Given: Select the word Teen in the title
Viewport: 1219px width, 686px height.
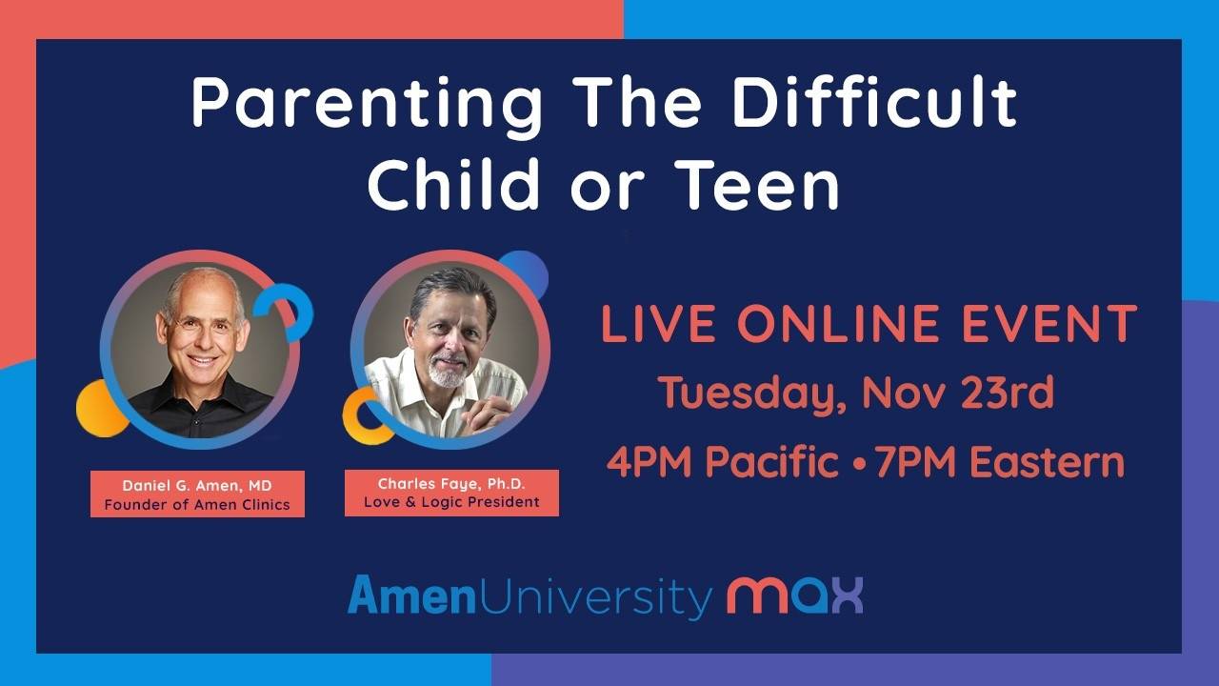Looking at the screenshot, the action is pyautogui.click(x=760, y=184).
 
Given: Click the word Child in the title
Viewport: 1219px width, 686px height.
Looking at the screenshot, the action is pyautogui.click(x=453, y=184).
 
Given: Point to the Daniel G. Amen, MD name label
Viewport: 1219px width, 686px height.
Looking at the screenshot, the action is pyautogui.click(x=197, y=486).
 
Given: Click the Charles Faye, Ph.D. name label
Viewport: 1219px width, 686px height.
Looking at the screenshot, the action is pyautogui.click(x=451, y=484).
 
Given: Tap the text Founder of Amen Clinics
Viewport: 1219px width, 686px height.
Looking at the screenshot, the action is pyautogui.click(x=197, y=505).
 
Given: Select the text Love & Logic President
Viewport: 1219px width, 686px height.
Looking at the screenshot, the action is pyautogui.click(x=451, y=502).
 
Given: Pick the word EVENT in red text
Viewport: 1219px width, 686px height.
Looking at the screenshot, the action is pyautogui.click(x=1049, y=323).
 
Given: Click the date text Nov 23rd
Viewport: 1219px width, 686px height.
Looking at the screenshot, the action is pyautogui.click(x=958, y=393).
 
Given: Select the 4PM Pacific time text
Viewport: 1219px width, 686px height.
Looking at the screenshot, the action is pyautogui.click(x=723, y=462).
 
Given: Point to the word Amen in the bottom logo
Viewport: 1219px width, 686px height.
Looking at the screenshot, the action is pyautogui.click(x=411, y=595).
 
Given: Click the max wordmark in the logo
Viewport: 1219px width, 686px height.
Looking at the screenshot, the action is pyautogui.click(x=795, y=595).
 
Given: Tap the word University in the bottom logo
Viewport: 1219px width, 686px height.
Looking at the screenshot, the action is pyautogui.click(x=594, y=597).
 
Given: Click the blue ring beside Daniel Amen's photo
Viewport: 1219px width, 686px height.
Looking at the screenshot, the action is pyautogui.click(x=303, y=311).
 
